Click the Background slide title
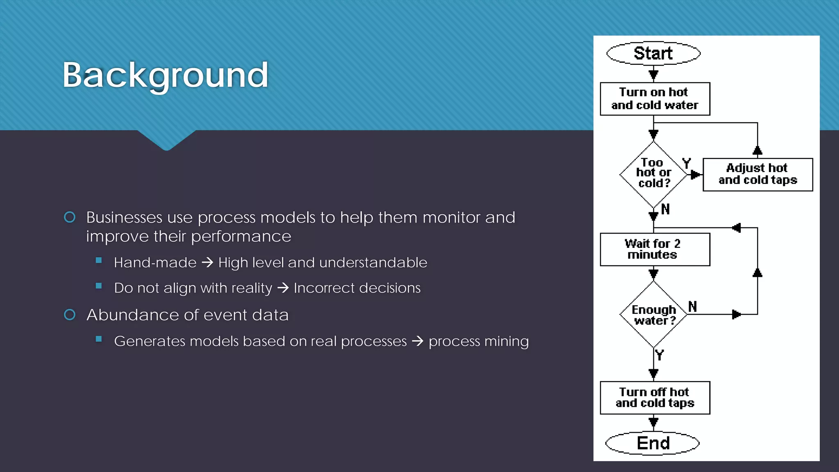click(165, 75)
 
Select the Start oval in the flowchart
click(653, 53)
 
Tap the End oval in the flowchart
click(653, 443)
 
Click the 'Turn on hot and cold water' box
click(655, 99)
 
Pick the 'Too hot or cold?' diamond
click(653, 174)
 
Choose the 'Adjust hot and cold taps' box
click(757, 175)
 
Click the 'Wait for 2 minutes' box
click(655, 250)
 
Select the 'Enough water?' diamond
click(653, 315)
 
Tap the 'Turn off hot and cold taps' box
click(655, 398)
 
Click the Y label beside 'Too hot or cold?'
click(687, 163)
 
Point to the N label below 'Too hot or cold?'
click(665, 209)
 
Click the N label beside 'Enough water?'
click(692, 306)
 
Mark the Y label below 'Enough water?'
click(659, 355)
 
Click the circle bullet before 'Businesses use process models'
click(70, 217)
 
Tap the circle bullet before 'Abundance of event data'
click(70, 315)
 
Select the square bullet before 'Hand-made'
click(99, 261)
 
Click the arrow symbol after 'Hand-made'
click(207, 263)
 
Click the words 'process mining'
click(478, 341)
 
